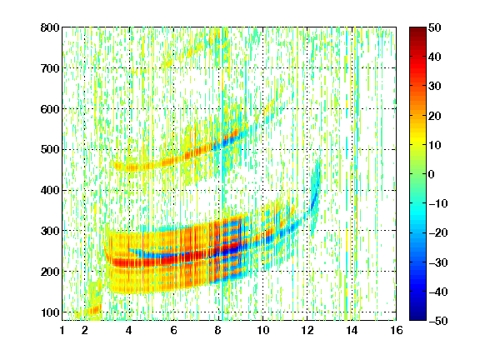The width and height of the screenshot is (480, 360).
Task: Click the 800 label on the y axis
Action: pyautogui.click(x=50, y=27)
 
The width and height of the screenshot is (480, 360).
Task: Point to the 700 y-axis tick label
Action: pyautogui.click(x=50, y=68)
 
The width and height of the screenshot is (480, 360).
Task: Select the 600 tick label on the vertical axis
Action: pyautogui.click(x=50, y=109)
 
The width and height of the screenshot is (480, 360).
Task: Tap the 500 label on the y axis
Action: pyautogui.click(x=50, y=150)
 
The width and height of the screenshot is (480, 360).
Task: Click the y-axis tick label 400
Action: pyautogui.click(x=50, y=190)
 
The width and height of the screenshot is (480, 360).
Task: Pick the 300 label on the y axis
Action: pyautogui.click(x=50, y=231)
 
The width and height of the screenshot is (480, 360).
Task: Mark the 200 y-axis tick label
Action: pyautogui.click(x=50, y=272)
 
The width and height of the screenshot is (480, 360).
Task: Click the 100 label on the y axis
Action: pyautogui.click(x=50, y=312)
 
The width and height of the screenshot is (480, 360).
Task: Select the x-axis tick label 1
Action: pyautogui.click(x=62, y=330)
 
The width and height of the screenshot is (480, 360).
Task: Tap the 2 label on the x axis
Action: pyautogui.click(x=85, y=330)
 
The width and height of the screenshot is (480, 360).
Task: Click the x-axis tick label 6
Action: pyautogui.click(x=173, y=330)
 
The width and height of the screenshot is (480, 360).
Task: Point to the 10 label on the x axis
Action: pyautogui.click(x=262, y=330)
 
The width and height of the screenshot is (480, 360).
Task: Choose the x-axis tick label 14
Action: pyautogui.click(x=352, y=330)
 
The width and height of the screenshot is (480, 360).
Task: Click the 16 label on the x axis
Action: pyautogui.click(x=397, y=330)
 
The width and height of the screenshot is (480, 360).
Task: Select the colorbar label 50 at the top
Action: pyautogui.click(x=435, y=27)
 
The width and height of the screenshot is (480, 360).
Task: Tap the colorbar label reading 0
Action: pyautogui.click(x=432, y=174)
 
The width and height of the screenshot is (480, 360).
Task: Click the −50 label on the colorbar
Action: pyautogui.click(x=438, y=321)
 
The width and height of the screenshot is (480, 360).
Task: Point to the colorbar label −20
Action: pyautogui.click(x=438, y=233)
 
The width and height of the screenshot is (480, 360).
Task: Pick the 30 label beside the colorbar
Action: pyautogui.click(x=435, y=87)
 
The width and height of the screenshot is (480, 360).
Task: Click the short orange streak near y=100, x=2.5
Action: pyautogui.click(x=93, y=310)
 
